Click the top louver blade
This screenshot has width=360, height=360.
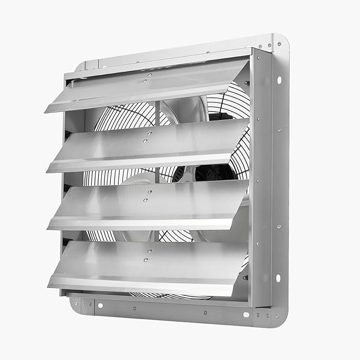coord(143,87)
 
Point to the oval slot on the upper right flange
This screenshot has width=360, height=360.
coord(279,80)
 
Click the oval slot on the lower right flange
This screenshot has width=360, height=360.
coord(277,278)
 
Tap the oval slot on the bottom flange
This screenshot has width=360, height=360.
coord(245,314)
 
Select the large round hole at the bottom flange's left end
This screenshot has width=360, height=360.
coord(99,305)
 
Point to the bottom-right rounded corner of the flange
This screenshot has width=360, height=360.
coord(281,320)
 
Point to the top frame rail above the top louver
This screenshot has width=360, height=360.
coord(159,61)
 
